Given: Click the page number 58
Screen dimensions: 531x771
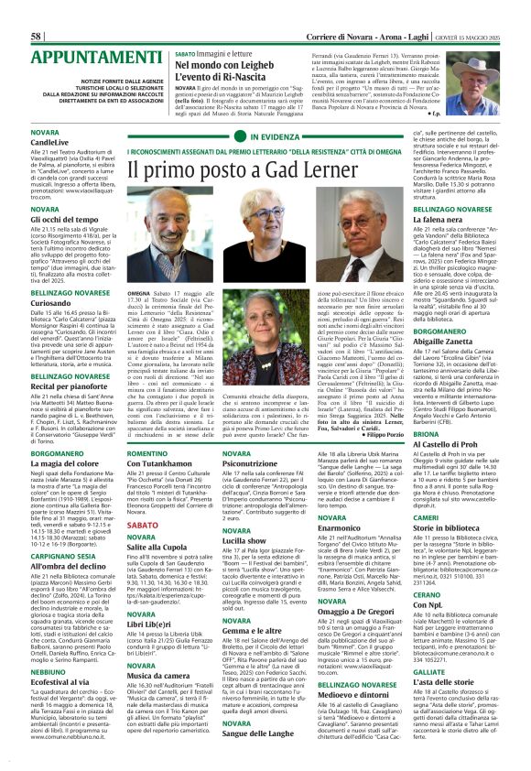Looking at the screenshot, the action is pos(38,11).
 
